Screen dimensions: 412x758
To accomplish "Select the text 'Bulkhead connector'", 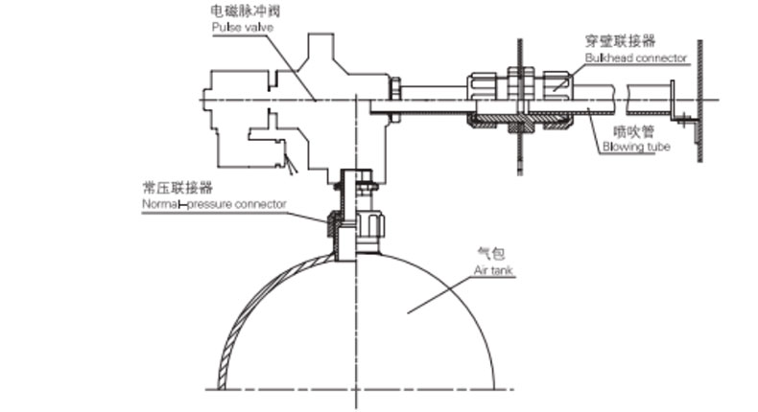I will point(636,57).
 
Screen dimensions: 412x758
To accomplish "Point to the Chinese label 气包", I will point(489,254).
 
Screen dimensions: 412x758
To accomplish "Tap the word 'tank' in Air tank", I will point(501,271).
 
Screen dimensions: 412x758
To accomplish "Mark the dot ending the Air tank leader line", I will point(407,309).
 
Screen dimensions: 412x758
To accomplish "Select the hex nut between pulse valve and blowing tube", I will point(394,94).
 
